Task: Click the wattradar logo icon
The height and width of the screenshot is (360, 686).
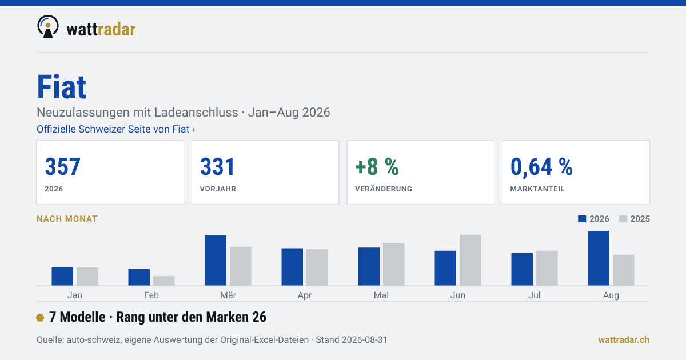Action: point(48,27)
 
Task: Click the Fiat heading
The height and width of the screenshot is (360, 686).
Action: point(62,87)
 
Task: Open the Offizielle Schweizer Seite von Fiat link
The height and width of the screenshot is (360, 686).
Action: point(115,129)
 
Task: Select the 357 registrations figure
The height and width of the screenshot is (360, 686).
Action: point(62,166)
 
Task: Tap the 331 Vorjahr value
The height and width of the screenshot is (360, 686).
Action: point(217,166)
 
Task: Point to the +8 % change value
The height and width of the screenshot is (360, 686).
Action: point(377,166)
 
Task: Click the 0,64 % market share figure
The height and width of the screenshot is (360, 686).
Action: point(541,167)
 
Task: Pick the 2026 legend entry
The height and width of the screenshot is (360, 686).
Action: point(593,219)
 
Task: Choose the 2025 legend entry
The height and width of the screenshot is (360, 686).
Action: point(634,219)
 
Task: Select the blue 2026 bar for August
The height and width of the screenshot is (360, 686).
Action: point(599,258)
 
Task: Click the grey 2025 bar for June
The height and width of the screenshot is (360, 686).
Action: point(470,260)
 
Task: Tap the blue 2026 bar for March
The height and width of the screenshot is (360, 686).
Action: point(216,260)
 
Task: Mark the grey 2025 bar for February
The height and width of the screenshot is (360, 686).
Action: point(164,281)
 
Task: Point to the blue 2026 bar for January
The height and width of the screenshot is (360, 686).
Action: point(62,277)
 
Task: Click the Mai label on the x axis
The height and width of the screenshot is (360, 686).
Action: point(381,295)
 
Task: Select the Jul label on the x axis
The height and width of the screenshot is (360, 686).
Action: point(534,295)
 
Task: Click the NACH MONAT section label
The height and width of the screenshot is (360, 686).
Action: point(67,219)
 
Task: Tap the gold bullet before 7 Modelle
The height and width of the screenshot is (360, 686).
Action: point(40,318)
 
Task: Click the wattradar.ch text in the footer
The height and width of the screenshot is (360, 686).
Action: point(624,340)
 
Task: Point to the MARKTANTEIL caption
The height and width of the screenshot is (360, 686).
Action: point(537,189)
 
